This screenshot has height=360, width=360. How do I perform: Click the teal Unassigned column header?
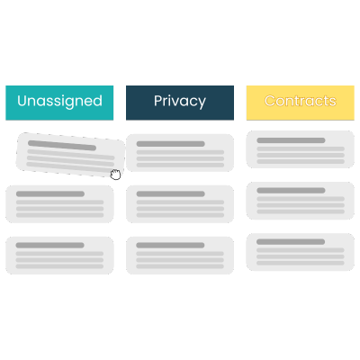point(59,103)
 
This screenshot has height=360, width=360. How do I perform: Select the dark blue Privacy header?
point(180,103)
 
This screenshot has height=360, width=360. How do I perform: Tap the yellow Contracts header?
point(301,103)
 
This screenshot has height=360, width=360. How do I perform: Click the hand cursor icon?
point(115,175)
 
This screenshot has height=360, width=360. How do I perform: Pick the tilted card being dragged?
point(70,155)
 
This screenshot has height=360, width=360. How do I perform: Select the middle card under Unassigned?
point(59,204)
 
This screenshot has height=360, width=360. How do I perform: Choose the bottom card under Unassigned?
point(59,256)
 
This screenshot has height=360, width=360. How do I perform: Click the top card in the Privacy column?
point(180,153)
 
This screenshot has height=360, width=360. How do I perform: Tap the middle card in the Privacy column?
point(180,204)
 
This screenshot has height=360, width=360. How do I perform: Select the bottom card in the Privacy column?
point(180,256)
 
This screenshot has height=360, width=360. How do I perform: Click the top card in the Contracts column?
point(301,149)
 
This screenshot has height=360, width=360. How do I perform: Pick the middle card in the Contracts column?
point(301,201)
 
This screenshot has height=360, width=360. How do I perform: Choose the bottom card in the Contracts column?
point(301,252)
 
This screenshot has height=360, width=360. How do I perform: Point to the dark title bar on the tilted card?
point(62,146)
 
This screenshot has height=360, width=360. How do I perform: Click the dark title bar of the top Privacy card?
point(171,144)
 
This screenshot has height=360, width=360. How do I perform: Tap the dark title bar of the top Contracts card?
point(291,140)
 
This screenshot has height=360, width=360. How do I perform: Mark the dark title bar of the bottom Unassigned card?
point(49,245)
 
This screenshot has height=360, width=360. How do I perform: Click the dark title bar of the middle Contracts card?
point(291,191)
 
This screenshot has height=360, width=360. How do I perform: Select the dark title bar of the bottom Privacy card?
point(170,245)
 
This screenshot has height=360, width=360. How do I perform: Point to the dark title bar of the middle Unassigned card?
point(50,193)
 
